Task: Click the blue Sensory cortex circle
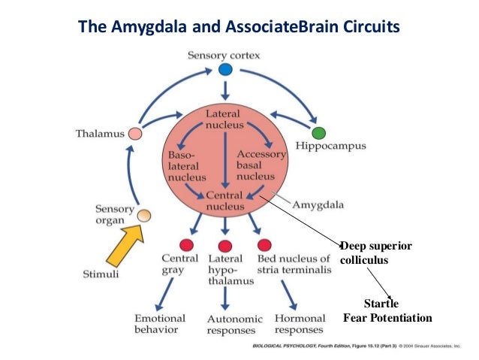(226, 69)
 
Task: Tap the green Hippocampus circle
(318, 133)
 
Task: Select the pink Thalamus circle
(135, 134)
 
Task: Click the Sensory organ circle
(143, 216)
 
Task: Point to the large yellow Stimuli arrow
(128, 245)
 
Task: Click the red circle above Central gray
(187, 245)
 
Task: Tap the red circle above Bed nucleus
(264, 245)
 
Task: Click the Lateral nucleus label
(223, 119)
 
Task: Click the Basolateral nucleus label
(183, 165)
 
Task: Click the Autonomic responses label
(228, 324)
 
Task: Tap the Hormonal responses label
(299, 324)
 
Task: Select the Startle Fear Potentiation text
(387, 310)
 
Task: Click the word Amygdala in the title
(143, 28)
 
